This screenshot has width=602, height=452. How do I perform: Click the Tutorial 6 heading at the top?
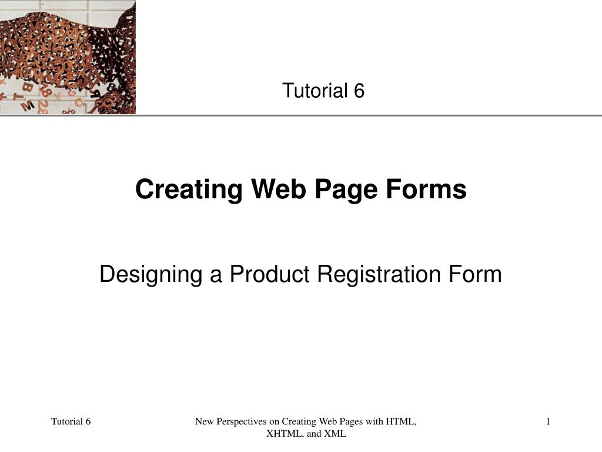tap(323, 91)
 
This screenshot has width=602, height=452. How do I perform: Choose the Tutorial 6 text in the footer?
tap(71, 421)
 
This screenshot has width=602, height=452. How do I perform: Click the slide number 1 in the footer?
tap(548, 421)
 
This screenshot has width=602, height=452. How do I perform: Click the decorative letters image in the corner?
tap(68, 57)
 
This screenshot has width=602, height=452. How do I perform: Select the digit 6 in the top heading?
tap(359, 91)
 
